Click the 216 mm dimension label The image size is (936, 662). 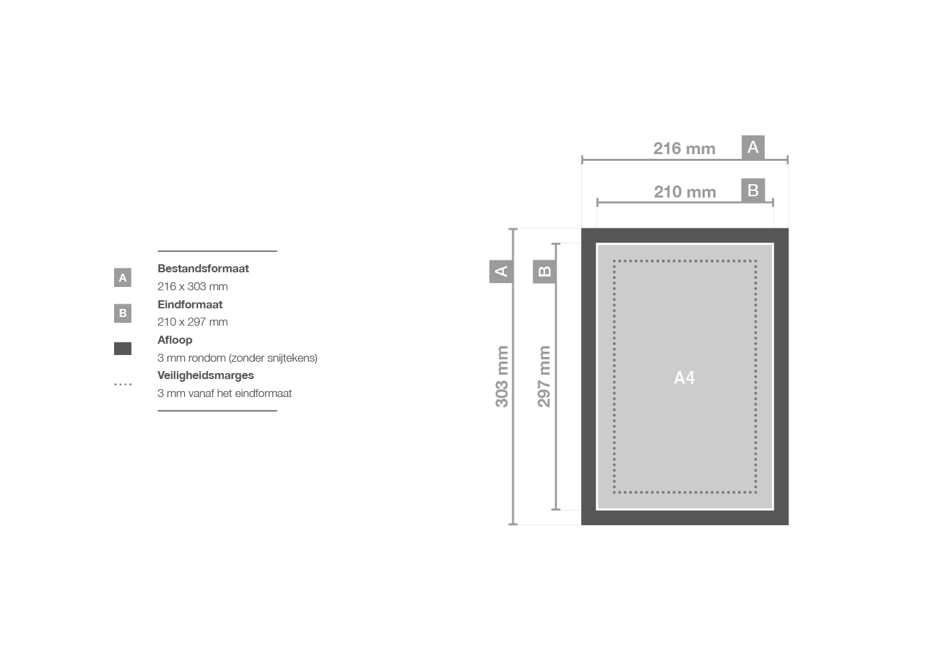point(684,149)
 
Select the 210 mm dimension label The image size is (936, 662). point(685,192)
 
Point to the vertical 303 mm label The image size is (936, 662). point(502,376)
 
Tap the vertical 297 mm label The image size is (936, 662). point(544,376)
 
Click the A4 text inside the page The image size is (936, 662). point(684,378)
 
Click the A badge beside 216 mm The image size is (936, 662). point(753,147)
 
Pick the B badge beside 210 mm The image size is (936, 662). point(753,191)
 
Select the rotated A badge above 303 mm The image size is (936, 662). point(501,272)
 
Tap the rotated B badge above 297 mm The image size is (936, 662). point(544,272)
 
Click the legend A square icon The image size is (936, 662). point(123,278)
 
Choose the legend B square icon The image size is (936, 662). point(123,313)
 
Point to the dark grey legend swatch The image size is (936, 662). point(123,348)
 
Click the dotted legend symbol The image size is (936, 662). point(123,384)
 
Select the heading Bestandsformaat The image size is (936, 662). point(203,269)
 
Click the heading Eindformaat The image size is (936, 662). point(190,305)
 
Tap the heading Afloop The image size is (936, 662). point(175,340)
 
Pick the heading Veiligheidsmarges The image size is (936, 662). point(205,376)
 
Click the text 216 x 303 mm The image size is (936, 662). point(193,287)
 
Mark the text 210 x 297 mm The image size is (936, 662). point(193,322)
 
